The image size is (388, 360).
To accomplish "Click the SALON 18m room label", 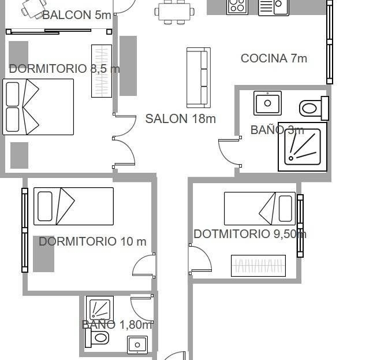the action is [180, 119].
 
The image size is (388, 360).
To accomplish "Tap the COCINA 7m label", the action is [274, 58].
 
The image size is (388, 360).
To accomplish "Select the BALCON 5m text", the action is [77, 15].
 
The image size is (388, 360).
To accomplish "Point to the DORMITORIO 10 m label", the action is [92, 242].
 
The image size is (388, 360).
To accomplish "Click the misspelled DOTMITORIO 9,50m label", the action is [250, 234].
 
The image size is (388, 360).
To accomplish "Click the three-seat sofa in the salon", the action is [199, 78].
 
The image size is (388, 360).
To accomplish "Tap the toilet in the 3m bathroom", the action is [314, 109].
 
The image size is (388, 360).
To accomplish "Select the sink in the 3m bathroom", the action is [268, 103].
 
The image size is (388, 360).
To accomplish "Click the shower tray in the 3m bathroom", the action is [303, 147].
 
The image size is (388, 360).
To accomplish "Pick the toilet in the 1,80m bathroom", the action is [97, 337].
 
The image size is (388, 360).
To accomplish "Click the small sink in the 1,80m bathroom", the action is [137, 344].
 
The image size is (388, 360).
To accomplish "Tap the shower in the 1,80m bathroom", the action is [100, 309].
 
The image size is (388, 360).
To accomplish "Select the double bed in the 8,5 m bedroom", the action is [38, 107].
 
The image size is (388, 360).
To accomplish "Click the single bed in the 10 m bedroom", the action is [73, 206].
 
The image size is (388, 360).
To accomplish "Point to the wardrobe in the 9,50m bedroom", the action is [258, 266].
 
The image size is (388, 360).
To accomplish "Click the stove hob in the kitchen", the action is [237, 7].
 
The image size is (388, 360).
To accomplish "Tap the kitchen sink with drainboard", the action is [274, 8].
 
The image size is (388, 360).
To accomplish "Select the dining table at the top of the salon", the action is [174, 12].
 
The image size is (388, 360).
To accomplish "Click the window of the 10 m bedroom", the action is [25, 230].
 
